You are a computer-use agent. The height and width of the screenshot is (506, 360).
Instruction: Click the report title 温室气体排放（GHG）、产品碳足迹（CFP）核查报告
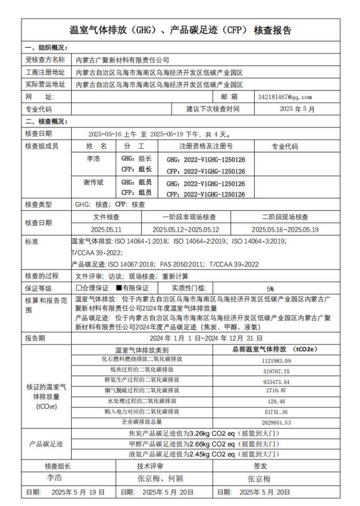pyautogui.click(x=180, y=30)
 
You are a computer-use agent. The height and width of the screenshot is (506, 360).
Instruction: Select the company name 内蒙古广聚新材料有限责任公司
pyautogui.click(x=122, y=60)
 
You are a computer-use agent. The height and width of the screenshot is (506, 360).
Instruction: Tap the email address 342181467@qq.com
pyautogui.click(x=285, y=97)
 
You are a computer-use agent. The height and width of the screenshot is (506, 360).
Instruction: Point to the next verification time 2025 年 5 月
pyautogui.click(x=297, y=109)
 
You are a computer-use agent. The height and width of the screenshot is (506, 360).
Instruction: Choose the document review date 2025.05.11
pyautogui.click(x=106, y=230)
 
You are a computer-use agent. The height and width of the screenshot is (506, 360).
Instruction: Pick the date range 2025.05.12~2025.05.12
pyautogui.click(x=186, y=230)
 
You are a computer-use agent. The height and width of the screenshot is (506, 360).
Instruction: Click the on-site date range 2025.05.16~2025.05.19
pyautogui.click(x=285, y=230)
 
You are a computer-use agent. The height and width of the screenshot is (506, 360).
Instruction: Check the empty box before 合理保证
pyautogui.click(x=78, y=288)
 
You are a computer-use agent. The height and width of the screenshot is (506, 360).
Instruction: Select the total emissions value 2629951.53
pyautogui.click(x=276, y=422)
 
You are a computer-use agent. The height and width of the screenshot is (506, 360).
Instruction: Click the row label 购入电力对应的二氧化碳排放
pyautogui.click(x=142, y=412)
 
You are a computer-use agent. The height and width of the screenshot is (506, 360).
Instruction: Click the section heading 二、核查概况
pyautogui.click(x=46, y=122)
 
